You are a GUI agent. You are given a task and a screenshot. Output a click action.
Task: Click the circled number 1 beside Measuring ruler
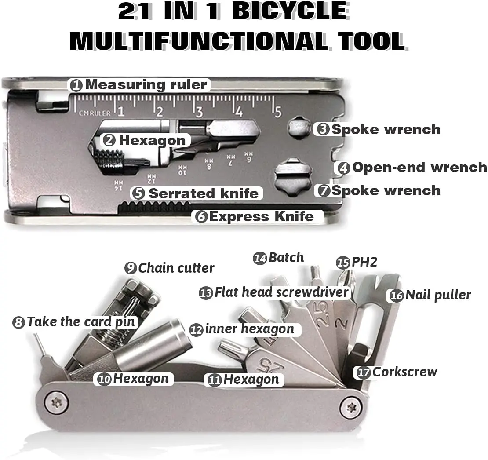point(76,85)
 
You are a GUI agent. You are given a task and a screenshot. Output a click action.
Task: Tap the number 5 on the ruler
point(277,111)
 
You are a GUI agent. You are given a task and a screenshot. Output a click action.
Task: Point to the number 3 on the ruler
point(199,112)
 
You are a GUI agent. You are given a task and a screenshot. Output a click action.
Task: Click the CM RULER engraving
point(95,113)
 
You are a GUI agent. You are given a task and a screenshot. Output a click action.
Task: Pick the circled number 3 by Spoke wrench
point(323,129)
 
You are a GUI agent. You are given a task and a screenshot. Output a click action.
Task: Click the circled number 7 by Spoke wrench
point(324,190)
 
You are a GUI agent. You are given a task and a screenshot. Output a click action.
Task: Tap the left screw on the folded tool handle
point(57,404)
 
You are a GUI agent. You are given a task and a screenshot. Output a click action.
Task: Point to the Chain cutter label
point(169,268)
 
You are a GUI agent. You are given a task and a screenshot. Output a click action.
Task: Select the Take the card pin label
point(74,322)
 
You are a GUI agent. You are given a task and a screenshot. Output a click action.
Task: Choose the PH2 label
point(357,262)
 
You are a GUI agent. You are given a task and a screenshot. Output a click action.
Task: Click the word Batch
point(286,258)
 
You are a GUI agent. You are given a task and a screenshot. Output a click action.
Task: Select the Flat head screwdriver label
point(274,292)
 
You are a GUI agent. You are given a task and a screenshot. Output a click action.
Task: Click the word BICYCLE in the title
point(290,11)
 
